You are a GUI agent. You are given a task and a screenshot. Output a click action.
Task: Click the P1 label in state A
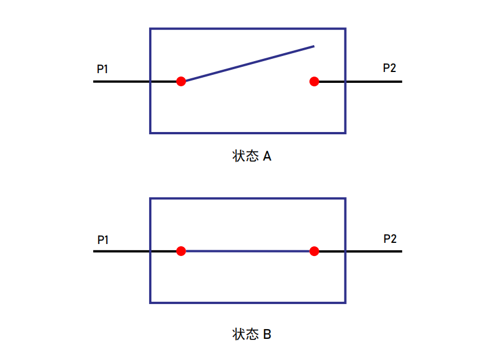(x=102, y=69)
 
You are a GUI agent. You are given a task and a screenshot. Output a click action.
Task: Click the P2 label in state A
(x=389, y=67)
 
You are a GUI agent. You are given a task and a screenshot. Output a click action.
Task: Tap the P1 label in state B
(x=103, y=239)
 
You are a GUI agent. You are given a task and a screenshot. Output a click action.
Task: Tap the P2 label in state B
(x=390, y=239)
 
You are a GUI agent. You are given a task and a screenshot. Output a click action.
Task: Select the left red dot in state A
(x=181, y=81)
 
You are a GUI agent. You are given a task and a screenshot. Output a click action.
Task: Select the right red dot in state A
(x=314, y=81)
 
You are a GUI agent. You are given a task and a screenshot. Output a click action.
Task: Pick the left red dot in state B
(x=181, y=251)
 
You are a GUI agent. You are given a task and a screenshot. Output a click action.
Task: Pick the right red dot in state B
(x=314, y=251)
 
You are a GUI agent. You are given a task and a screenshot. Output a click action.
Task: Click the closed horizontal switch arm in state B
(x=247, y=251)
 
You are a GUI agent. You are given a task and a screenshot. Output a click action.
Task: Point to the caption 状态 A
(x=252, y=156)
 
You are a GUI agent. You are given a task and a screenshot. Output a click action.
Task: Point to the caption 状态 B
(x=252, y=334)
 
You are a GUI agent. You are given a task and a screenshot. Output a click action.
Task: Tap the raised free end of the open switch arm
(x=314, y=46)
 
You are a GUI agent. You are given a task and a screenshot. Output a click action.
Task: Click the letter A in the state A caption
(x=267, y=157)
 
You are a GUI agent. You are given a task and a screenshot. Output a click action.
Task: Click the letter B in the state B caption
(x=267, y=334)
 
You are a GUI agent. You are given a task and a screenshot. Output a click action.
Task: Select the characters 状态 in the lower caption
(x=246, y=334)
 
